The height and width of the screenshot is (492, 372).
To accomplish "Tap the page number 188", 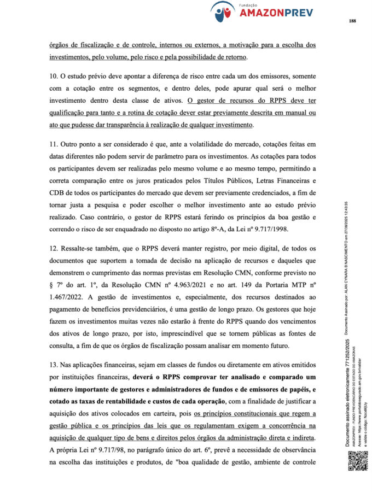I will pyautogui.click(x=352, y=21).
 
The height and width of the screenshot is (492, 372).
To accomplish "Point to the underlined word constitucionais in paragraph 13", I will pyautogui.click(x=234, y=415).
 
